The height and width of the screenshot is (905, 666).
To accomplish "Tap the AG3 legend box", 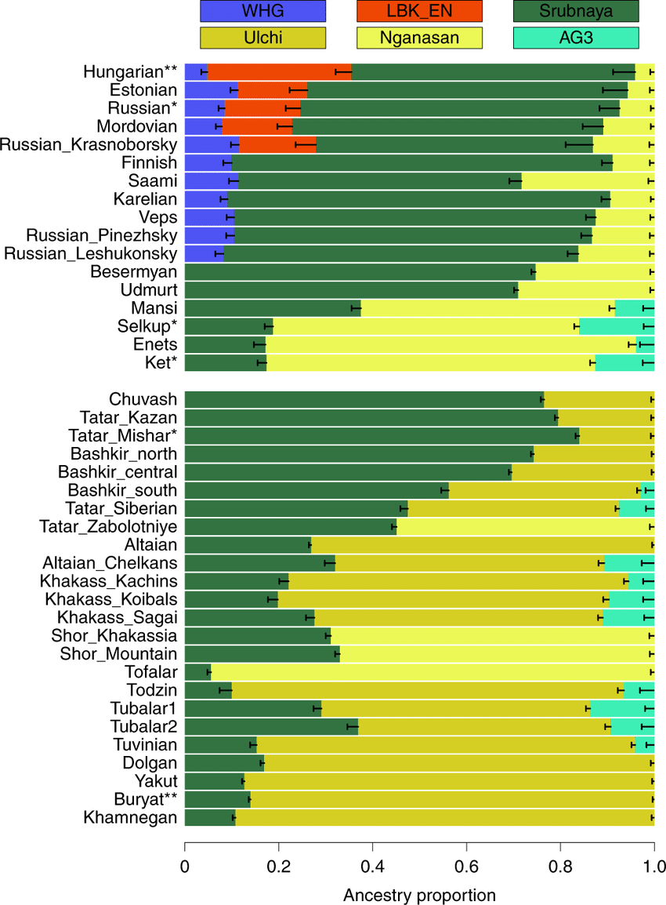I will click(x=576, y=37).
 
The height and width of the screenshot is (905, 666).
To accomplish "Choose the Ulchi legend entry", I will click(x=262, y=37).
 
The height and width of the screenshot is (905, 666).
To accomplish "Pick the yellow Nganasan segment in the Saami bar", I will click(x=588, y=181).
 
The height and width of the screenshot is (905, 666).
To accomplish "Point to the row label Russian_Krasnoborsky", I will click(x=89, y=144).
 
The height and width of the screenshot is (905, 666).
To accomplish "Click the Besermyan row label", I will click(x=134, y=272).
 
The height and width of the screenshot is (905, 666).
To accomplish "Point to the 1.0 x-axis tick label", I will click(x=654, y=868).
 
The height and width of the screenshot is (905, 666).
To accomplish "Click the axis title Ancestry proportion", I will click(x=419, y=895).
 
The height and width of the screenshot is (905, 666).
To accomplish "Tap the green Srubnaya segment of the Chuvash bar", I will click(x=364, y=399).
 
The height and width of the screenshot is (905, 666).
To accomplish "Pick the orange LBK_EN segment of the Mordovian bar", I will click(x=257, y=126).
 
